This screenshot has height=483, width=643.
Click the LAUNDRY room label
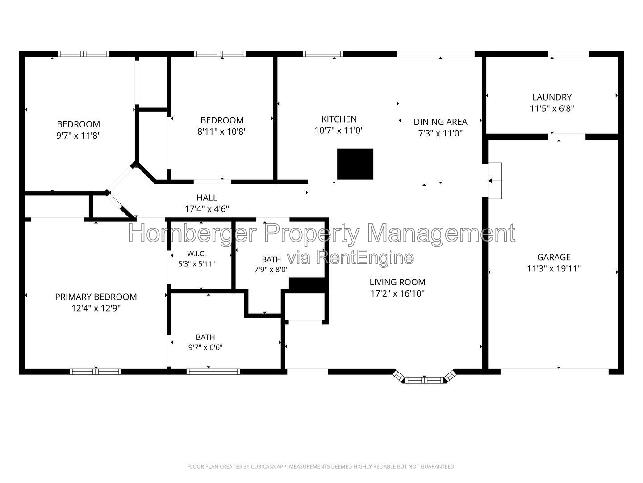point(551,97)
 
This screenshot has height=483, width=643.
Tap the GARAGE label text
point(554,257)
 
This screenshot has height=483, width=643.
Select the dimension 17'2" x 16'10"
point(397,293)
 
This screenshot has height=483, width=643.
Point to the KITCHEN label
point(339,119)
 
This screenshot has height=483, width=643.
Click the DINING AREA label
point(440,122)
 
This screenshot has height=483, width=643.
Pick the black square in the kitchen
point(355,164)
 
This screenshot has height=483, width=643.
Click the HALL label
point(207,197)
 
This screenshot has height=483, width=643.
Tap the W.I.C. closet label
point(196,254)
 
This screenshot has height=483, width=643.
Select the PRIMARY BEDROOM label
point(96,297)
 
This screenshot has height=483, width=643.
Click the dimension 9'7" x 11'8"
point(79,136)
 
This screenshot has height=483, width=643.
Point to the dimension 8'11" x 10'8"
point(222,131)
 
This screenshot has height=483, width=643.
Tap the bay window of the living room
point(424,380)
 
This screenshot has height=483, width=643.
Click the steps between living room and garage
point(492,181)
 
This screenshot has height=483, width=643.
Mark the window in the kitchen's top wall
point(323,54)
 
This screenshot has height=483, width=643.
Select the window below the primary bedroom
point(96,372)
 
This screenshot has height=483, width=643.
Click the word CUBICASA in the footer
point(263,466)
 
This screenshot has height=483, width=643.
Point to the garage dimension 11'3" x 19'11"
point(554,268)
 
